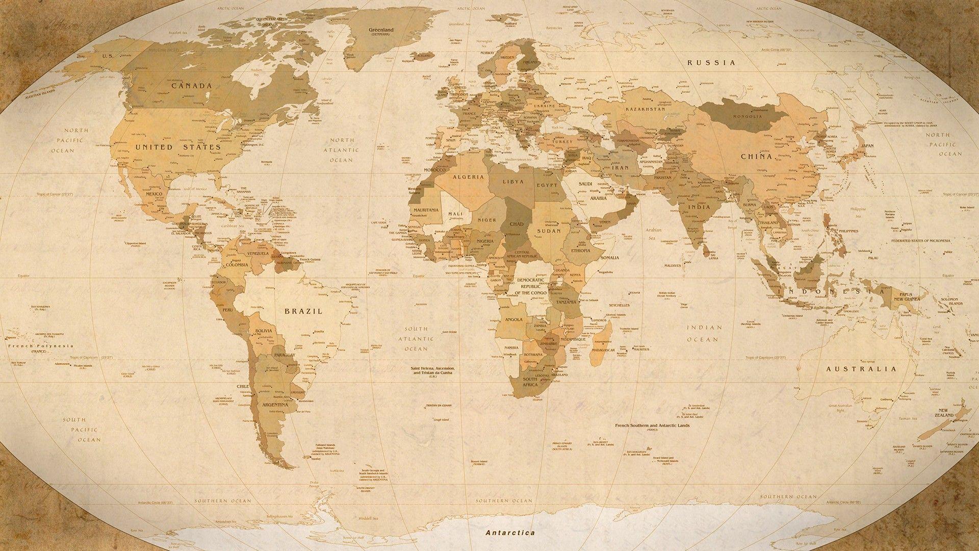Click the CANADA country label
(191, 86)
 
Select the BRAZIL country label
(303, 311)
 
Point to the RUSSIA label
(711, 63)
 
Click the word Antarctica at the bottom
(510, 532)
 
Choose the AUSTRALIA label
(861, 368)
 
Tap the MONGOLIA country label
(747, 116)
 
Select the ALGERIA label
(468, 177)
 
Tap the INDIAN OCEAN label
(704, 333)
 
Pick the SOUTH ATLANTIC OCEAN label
(416, 339)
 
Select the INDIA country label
(699, 208)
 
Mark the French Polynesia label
(41, 346)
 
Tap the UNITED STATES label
(178, 147)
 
